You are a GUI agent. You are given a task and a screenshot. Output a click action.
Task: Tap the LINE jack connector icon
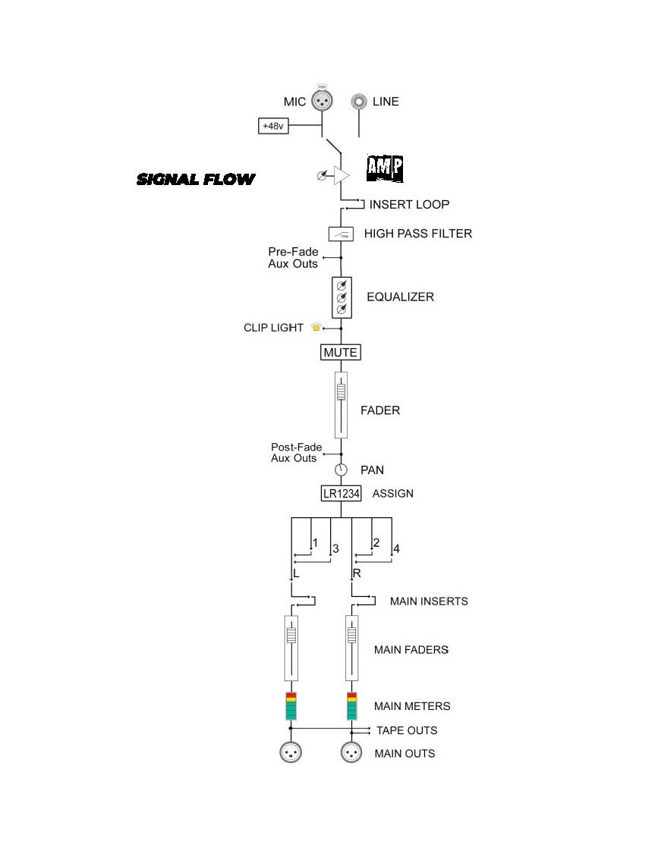point(360,102)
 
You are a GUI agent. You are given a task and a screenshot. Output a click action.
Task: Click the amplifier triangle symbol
point(342,176)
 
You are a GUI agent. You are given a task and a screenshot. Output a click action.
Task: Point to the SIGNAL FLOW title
point(196,180)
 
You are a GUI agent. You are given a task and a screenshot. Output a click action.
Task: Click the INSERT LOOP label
point(409,204)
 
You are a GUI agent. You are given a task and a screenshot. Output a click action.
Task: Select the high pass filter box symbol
point(341,234)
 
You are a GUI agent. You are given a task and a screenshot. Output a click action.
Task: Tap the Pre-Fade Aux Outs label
point(293,258)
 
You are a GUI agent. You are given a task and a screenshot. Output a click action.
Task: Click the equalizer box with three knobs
point(342,297)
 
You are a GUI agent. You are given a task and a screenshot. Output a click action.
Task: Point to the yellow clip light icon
point(316,328)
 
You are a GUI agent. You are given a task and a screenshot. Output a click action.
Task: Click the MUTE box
point(341,353)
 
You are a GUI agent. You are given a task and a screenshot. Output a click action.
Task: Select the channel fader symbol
point(341,404)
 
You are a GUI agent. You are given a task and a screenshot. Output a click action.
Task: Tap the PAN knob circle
point(341,469)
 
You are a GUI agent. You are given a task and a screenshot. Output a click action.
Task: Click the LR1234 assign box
point(341,494)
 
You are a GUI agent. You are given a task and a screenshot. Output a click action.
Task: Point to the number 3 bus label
point(335,548)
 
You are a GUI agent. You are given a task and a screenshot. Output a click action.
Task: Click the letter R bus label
point(356,573)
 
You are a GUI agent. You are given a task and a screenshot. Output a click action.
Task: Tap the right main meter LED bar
point(351,705)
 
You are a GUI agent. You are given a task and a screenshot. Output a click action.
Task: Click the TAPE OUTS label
point(407,730)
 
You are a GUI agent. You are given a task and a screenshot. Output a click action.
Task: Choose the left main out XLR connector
point(291,752)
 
